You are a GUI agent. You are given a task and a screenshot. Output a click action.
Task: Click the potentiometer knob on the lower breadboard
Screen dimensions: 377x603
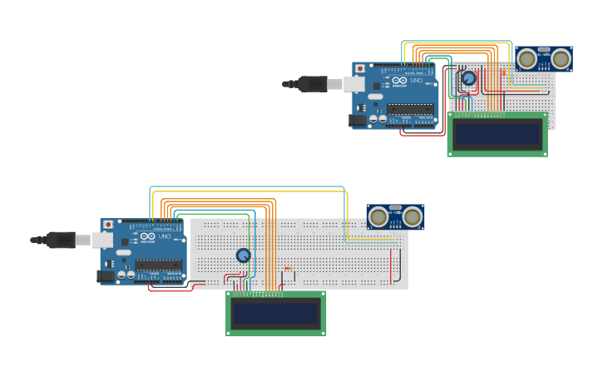[243, 255]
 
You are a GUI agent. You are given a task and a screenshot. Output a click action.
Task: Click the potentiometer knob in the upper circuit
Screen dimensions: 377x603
[468, 78]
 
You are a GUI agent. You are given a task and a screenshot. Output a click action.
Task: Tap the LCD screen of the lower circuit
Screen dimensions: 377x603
[275, 314]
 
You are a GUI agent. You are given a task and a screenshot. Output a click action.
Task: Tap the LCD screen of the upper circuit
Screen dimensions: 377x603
[497, 135]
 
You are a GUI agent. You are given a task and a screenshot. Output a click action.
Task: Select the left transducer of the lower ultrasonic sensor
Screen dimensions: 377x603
[378, 217]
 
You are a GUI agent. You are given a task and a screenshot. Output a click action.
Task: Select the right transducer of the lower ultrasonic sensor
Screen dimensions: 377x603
[413, 217]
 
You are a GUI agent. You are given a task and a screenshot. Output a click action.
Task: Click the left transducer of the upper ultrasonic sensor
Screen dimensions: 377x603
[527, 58]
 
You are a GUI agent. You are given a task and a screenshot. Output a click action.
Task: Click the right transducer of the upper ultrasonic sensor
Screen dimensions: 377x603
[561, 58]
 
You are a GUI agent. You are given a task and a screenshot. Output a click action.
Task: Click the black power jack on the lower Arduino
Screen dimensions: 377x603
[106, 276]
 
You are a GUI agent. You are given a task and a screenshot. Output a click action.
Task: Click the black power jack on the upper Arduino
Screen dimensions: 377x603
[357, 121]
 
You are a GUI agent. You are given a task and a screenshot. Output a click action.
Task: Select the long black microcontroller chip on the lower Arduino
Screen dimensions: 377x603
[158, 265]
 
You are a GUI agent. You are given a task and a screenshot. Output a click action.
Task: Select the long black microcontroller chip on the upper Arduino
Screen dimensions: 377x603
[410, 108]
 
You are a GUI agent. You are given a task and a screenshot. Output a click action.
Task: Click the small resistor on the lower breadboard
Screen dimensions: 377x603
[289, 268]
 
